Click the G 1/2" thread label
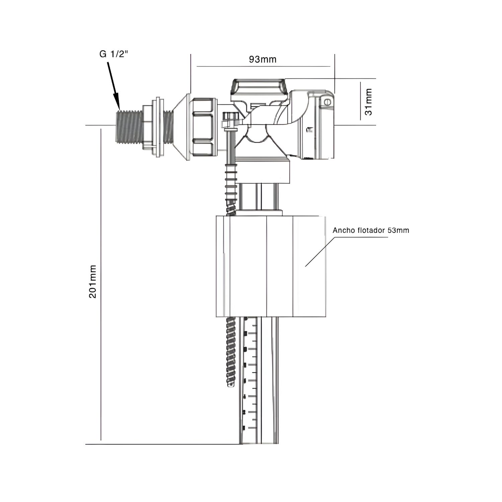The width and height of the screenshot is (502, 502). pos(114,54)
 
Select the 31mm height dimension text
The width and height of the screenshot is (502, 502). pos(368,102)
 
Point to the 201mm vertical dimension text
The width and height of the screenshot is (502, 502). pos(93,281)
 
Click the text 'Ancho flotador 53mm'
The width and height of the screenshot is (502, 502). pos(371,230)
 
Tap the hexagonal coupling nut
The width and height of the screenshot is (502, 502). pos(203,127)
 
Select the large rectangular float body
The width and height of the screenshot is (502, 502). pos(271,266)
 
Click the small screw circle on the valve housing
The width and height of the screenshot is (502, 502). pos(328,102)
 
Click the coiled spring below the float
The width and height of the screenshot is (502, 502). pos(232,352)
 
